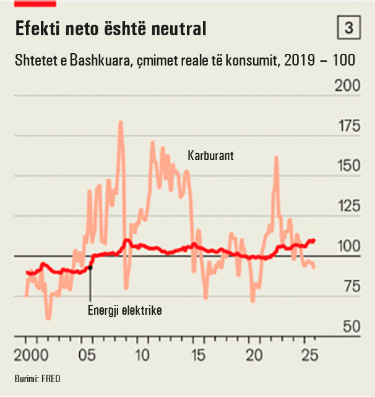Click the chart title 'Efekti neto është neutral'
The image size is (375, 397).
(110, 28)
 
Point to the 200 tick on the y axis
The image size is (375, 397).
(347, 85)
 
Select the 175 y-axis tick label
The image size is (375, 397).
(347, 127)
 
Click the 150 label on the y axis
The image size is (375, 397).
(347, 166)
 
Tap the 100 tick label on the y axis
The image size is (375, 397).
(347, 246)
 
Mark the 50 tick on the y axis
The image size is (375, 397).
(350, 326)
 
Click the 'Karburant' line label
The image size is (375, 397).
(210, 156)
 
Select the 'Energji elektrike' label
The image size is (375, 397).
(124, 310)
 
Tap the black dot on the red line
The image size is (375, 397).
(90, 267)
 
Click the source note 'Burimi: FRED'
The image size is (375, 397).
(38, 378)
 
